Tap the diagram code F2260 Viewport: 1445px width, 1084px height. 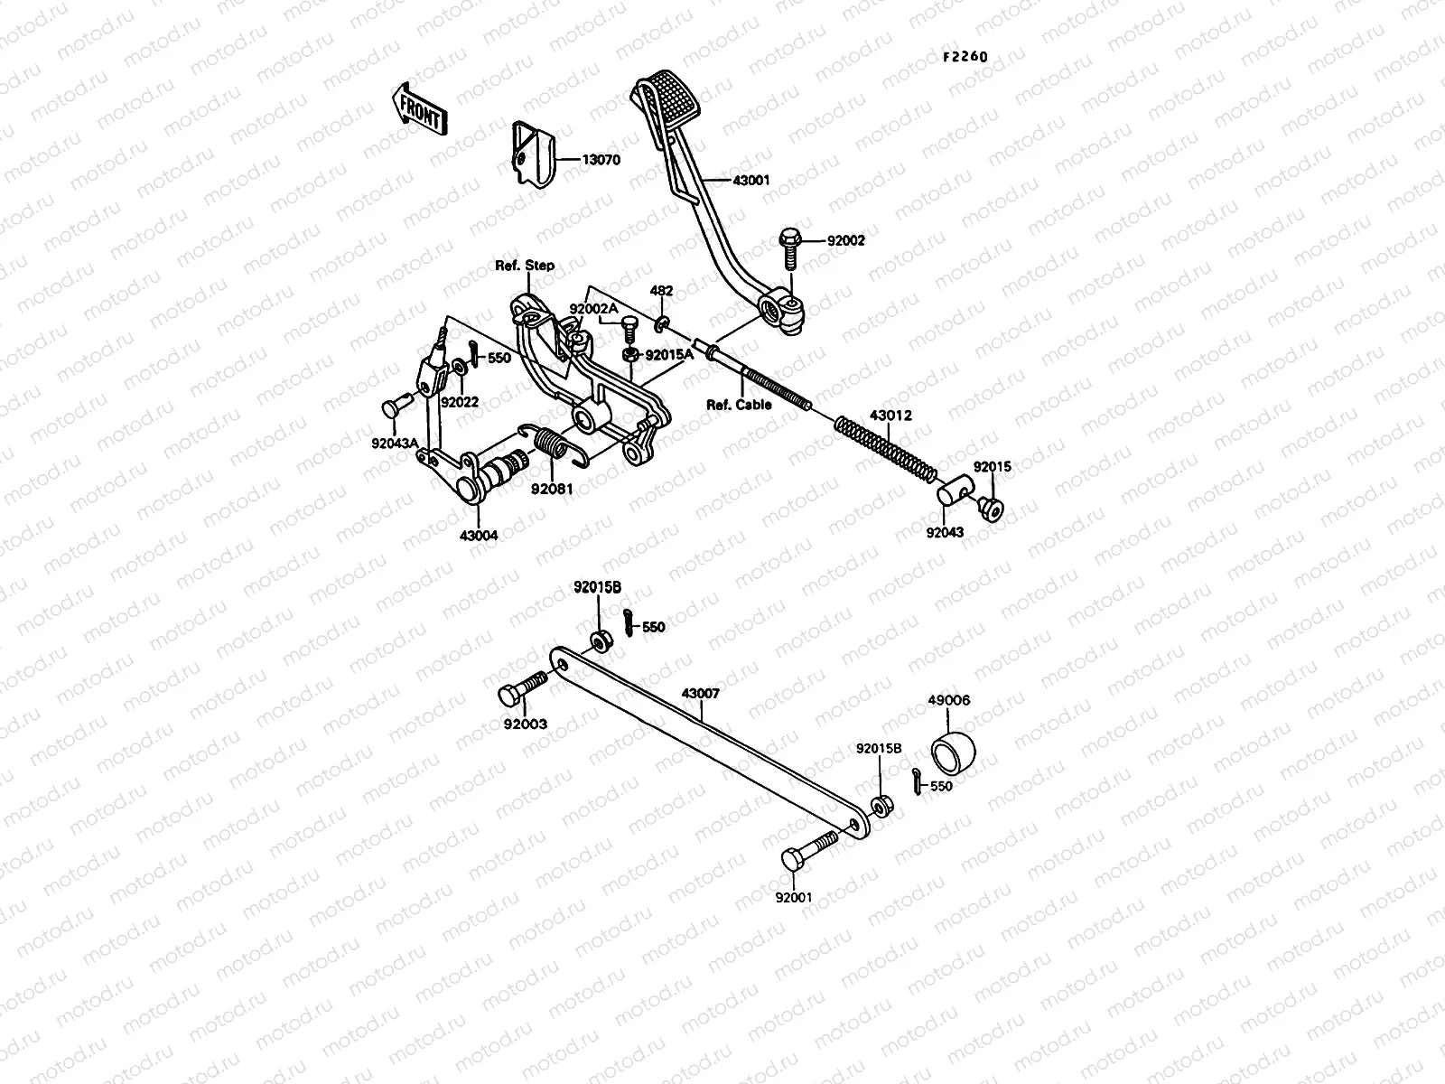[965, 57]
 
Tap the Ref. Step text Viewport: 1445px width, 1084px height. [525, 266]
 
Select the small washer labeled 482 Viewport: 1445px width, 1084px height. [661, 324]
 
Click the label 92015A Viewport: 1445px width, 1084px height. [669, 355]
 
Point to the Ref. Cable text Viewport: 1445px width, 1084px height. [739, 405]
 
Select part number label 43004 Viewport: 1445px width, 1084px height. [479, 536]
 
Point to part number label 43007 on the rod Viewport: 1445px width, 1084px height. [700, 693]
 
